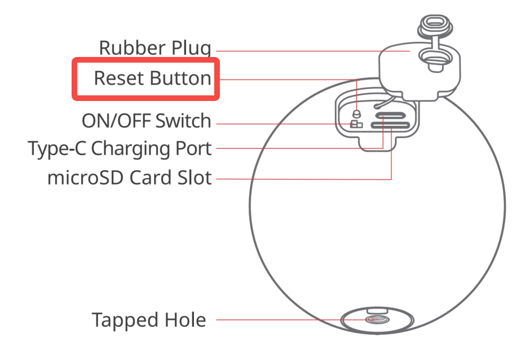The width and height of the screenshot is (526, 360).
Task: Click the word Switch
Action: click(x=183, y=120)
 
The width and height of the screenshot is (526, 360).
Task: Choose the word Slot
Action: click(x=194, y=178)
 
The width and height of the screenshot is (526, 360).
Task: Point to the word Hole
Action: click(x=184, y=320)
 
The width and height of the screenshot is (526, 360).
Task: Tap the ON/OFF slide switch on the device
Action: click(x=356, y=124)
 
